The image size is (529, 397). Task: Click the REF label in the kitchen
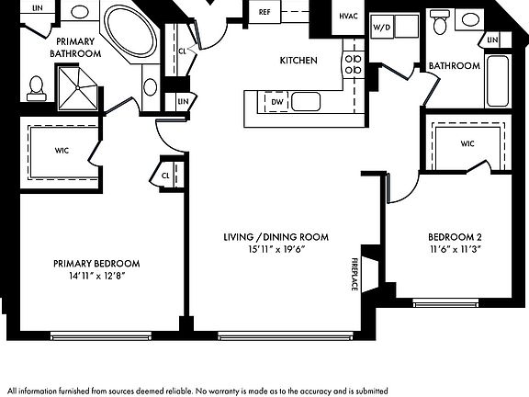(264, 12)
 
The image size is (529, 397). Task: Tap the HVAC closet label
(348, 17)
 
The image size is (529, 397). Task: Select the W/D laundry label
(381, 28)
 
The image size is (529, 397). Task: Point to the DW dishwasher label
(276, 101)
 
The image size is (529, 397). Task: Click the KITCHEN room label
(298, 61)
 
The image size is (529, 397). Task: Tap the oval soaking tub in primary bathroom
(129, 31)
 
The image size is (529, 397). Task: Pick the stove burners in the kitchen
(352, 62)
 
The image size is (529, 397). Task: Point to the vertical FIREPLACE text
(355, 273)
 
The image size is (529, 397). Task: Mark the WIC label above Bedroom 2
(467, 143)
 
